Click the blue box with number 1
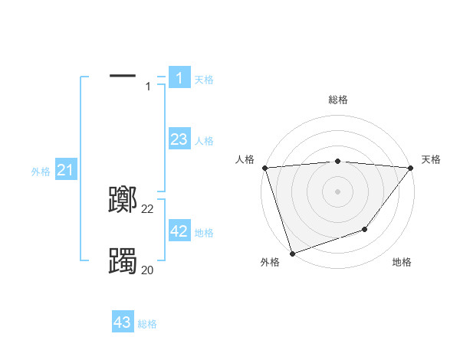(179, 78)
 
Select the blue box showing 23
(179, 139)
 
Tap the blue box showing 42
(179, 231)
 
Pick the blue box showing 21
(65, 170)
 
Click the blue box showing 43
(123, 322)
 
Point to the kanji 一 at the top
(123, 76)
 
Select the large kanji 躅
(123, 261)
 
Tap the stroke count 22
(148, 209)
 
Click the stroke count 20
(148, 270)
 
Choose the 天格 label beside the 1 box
(204, 80)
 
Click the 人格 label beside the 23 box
(204, 141)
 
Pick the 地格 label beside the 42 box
(204, 233)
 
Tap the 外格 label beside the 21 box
(41, 172)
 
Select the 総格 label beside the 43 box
(147, 324)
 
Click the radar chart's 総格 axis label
(337, 100)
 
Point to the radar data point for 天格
(410, 168)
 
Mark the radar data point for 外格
(292, 254)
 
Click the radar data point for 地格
(365, 229)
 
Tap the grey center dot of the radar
(337, 191)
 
